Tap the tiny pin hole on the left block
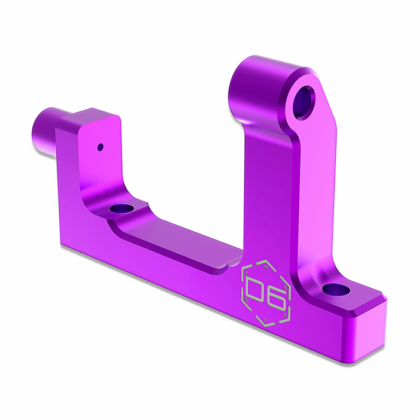click(x=101, y=145)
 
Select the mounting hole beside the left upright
click(x=123, y=209)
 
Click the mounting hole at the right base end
click(x=335, y=290)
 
